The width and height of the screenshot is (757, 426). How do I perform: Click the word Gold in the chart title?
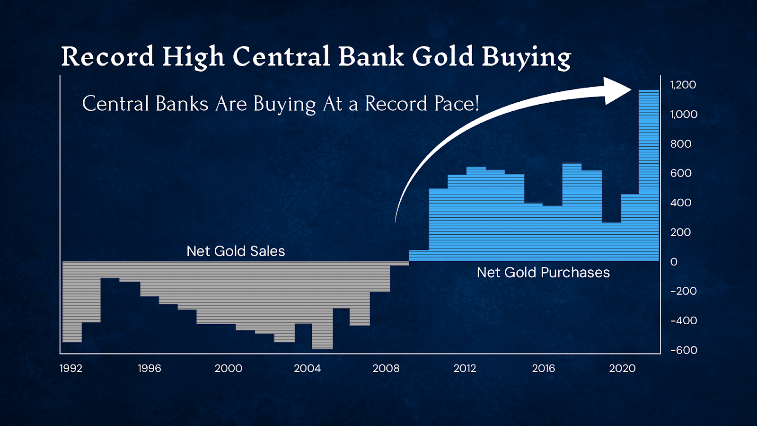click(x=443, y=56)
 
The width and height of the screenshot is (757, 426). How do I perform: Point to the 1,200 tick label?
click(x=683, y=85)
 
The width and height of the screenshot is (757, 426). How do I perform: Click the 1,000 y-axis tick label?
click(x=684, y=114)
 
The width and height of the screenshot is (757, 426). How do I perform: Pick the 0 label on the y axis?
click(x=674, y=262)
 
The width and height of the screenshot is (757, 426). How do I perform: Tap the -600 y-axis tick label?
click(x=684, y=350)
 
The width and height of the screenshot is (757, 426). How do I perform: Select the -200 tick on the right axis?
click(x=684, y=291)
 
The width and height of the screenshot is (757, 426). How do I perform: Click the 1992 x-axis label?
click(x=71, y=368)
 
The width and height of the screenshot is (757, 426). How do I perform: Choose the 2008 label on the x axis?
click(x=386, y=368)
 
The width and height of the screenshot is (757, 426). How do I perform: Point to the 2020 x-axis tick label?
click(x=622, y=368)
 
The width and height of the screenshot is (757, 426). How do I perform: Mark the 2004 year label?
click(x=307, y=368)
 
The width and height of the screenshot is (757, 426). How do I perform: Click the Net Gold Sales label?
click(x=236, y=251)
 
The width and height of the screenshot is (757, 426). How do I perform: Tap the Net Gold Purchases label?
click(x=543, y=273)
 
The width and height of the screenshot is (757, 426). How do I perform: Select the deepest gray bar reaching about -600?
click(x=322, y=331)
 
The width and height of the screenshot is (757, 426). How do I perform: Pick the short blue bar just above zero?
click(x=419, y=256)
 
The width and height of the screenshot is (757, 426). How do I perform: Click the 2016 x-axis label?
click(x=543, y=368)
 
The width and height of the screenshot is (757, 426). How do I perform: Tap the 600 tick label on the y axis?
click(x=681, y=173)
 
